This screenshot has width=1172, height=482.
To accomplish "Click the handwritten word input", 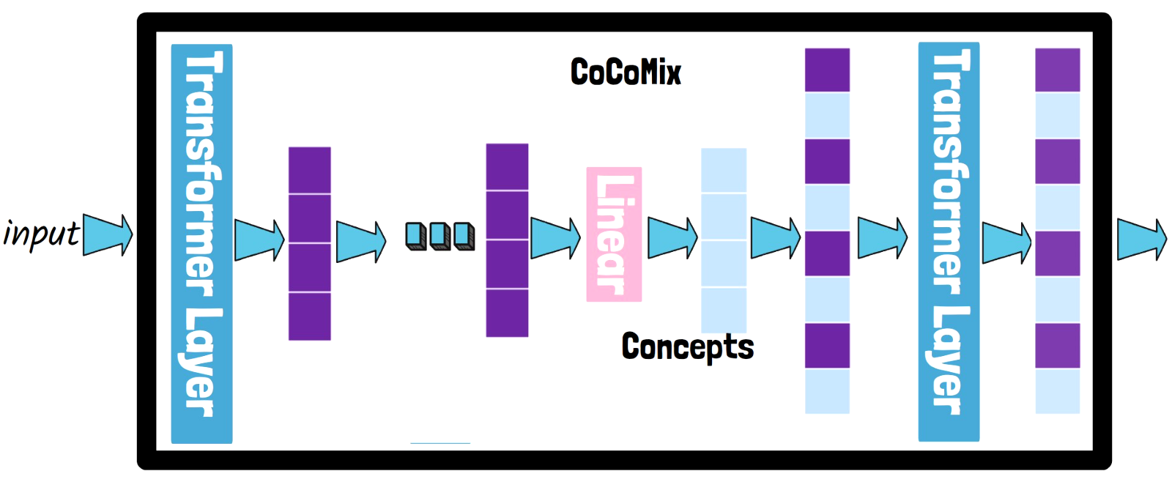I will (x=41, y=234).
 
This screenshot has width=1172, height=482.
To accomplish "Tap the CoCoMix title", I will (x=626, y=72).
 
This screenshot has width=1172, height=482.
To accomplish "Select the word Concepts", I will (x=687, y=347).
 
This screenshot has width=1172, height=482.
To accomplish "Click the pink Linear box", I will (x=614, y=234).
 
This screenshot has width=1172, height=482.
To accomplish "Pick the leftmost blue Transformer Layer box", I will (x=201, y=243).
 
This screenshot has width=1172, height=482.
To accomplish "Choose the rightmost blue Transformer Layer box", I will (x=949, y=242).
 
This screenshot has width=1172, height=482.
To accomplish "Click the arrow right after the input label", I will (x=108, y=234).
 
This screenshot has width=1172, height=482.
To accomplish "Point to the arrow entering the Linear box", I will (x=555, y=238).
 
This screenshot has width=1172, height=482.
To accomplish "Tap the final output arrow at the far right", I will (x=1141, y=239).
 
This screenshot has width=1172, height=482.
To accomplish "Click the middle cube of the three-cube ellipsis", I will (x=439, y=236).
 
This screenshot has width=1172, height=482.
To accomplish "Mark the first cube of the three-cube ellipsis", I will (x=416, y=236).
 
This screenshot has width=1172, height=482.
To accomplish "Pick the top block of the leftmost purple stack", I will (x=309, y=170).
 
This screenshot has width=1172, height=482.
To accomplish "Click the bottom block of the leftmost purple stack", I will (x=309, y=316).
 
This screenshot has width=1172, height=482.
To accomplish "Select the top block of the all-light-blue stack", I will (x=724, y=170).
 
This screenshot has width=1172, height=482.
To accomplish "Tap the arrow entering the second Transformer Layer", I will (x=882, y=238).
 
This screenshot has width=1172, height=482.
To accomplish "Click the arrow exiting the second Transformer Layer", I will (x=1006, y=242).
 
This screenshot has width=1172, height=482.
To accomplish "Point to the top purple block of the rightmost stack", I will (x=1057, y=70).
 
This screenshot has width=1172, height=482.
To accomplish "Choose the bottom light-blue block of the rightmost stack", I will (x=1057, y=391).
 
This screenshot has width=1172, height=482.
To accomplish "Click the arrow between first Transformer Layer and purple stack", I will (x=259, y=240).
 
